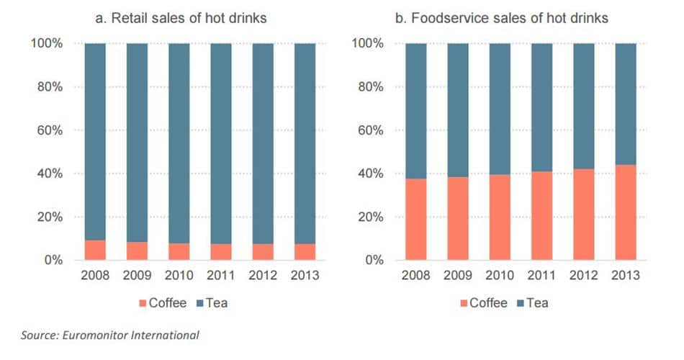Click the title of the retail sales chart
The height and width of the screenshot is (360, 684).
tap(181, 17)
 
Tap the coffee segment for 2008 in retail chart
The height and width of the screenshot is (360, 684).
tap(95, 250)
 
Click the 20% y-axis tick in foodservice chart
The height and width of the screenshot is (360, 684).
tap(370, 217)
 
